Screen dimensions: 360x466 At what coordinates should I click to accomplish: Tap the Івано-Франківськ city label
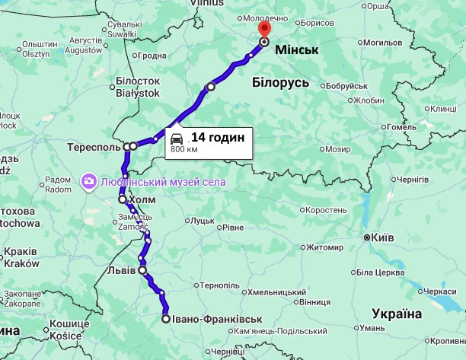[x=216, y=319]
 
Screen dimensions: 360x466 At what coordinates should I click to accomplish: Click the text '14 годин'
[x=217, y=137]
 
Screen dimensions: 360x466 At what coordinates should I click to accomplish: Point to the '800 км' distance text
[x=183, y=150]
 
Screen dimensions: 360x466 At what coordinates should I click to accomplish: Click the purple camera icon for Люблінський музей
[x=88, y=181]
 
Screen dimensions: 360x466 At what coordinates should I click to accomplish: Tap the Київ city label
[x=381, y=238]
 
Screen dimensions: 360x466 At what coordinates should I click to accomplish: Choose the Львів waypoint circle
[x=142, y=270]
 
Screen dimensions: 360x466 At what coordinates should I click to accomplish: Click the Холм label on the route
[x=142, y=199]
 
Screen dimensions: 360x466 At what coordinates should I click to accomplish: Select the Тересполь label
[x=94, y=145]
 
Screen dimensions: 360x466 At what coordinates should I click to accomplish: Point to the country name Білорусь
[x=279, y=83]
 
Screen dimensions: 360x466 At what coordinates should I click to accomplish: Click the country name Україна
[x=396, y=314]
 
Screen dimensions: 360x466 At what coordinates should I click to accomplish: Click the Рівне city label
[x=233, y=228]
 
